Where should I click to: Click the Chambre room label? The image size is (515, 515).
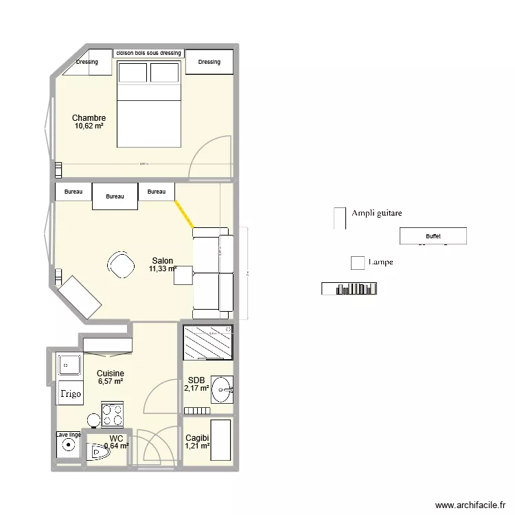click(x=89, y=118)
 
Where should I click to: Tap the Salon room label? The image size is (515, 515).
click(x=162, y=261)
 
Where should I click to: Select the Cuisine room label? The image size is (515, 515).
click(x=110, y=374)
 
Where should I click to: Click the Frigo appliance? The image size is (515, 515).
click(x=70, y=394)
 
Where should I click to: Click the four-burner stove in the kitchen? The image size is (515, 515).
click(x=113, y=415)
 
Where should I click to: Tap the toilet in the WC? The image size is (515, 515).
click(x=98, y=450)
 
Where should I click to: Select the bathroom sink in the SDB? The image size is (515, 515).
click(x=221, y=389)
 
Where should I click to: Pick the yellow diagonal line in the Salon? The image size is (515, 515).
click(x=183, y=213)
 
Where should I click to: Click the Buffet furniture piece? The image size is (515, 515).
click(x=433, y=236)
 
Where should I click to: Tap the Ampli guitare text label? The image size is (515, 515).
click(x=376, y=214)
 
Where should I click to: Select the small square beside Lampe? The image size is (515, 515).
click(x=357, y=263)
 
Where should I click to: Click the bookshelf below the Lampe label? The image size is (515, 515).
click(x=349, y=289)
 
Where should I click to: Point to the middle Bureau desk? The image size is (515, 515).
click(x=115, y=196)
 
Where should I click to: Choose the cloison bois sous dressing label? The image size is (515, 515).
click(x=149, y=53)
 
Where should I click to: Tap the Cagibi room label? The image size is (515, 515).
click(x=196, y=438)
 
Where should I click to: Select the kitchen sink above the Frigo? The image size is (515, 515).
click(x=69, y=364)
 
